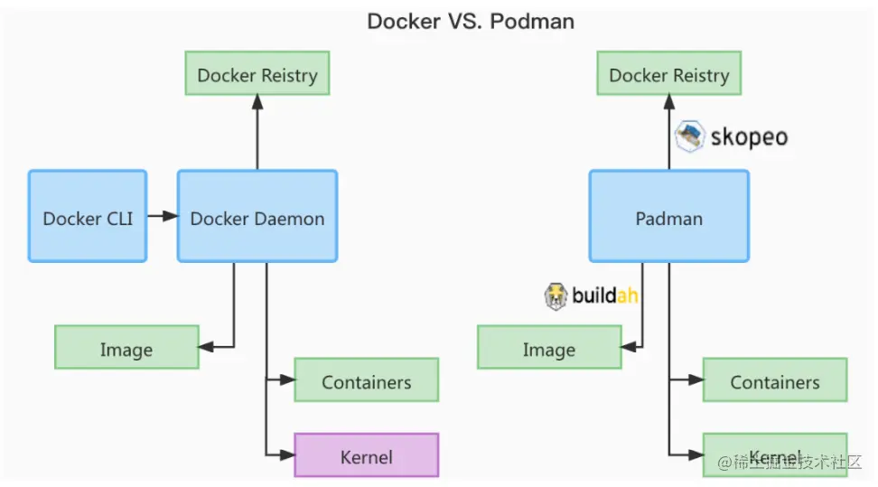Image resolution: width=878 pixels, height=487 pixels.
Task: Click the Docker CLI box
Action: [88, 217]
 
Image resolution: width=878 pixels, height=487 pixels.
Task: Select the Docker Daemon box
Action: [257, 217]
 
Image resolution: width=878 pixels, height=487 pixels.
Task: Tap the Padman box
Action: [668, 217]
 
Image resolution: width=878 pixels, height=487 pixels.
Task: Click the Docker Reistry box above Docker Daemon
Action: [257, 74]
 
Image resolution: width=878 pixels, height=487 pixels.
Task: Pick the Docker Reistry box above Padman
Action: [668, 74]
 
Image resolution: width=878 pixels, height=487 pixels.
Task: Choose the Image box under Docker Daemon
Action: [126, 348]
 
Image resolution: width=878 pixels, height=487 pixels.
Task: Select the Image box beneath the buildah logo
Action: [549, 348]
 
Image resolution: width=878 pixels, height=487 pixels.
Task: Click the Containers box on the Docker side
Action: [366, 380]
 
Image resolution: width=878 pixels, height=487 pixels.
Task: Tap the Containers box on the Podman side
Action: [775, 380]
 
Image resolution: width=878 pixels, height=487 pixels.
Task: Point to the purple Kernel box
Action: [366, 455]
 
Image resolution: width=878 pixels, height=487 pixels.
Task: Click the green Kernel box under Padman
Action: [775, 454]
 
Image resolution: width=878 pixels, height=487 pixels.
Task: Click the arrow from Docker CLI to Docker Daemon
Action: [162, 216]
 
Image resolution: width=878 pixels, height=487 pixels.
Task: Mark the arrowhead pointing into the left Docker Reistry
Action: [257, 103]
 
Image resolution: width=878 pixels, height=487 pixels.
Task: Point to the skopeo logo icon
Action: [689, 136]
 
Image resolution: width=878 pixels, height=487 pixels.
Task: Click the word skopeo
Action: [748, 137]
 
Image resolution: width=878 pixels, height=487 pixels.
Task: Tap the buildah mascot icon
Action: [556, 295]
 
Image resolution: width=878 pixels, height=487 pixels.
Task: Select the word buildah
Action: [606, 295]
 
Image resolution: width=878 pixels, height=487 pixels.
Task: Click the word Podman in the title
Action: [532, 21]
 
